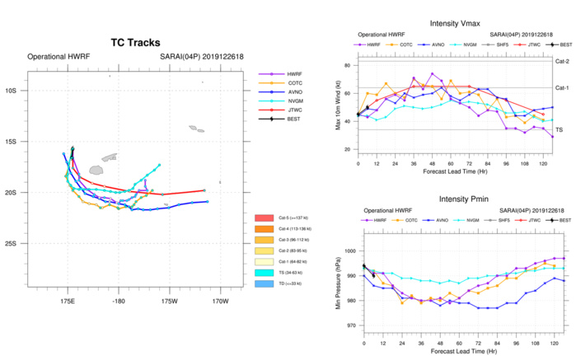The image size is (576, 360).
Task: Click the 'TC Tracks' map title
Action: pos(135,42)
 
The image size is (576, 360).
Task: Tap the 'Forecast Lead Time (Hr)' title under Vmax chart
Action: pos(456,175)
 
